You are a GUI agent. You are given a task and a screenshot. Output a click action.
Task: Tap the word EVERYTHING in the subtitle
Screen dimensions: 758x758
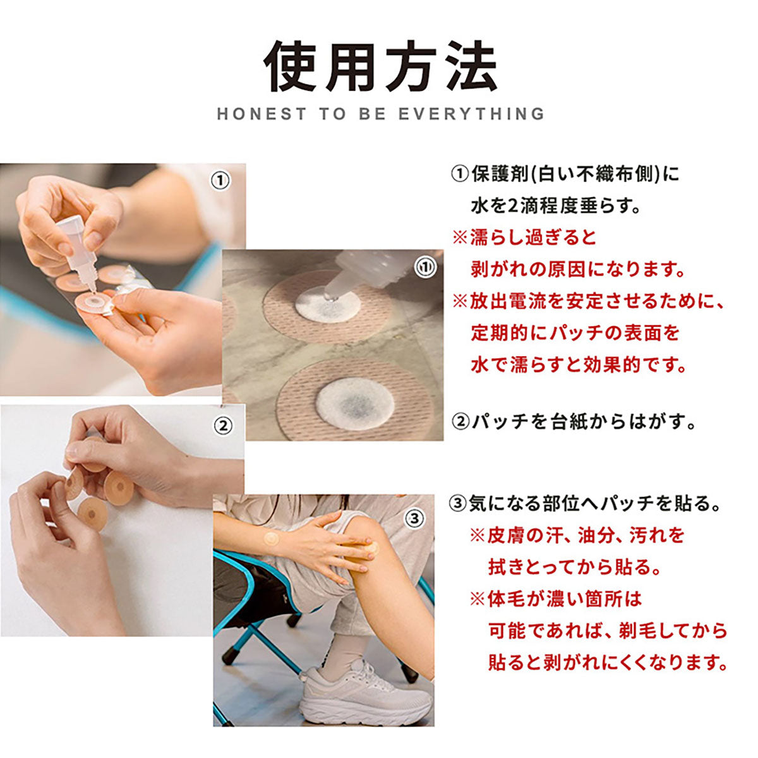[471, 114]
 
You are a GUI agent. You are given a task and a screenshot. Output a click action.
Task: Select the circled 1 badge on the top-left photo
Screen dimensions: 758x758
[220, 181]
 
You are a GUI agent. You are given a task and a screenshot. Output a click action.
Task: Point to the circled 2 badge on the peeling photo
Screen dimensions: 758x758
[224, 426]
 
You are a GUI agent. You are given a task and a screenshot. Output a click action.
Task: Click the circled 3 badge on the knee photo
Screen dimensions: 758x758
[414, 519]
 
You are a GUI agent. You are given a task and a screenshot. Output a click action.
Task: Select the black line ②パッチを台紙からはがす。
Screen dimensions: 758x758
[574, 422]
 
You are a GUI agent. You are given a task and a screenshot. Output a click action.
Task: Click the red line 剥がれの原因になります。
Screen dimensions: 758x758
[578, 270]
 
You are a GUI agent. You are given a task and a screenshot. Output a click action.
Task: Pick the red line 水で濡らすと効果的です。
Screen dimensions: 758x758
[578, 364]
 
